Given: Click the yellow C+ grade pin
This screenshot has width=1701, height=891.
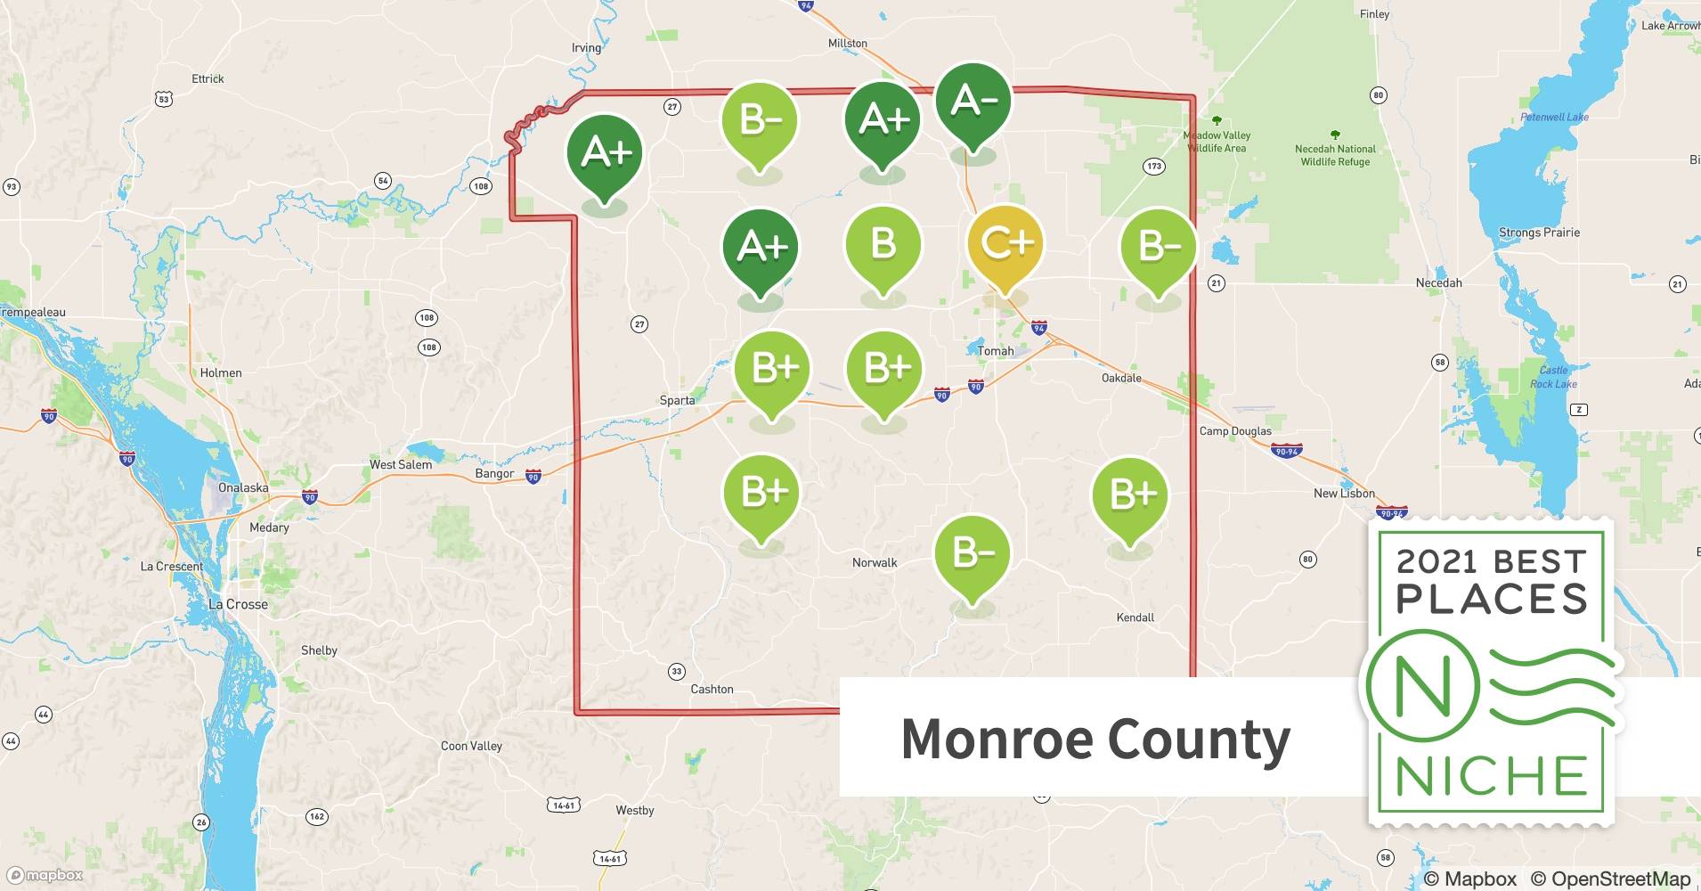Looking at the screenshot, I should click(x=1005, y=243).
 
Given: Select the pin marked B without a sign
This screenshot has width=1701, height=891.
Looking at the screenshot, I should click(x=883, y=243).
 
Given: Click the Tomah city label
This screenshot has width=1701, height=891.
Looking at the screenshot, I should click(x=996, y=351).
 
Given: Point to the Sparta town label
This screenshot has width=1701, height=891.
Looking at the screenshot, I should click(x=677, y=400).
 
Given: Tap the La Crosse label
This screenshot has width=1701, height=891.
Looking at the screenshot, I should click(x=238, y=604).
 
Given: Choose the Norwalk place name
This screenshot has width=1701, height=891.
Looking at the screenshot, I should click(x=875, y=562).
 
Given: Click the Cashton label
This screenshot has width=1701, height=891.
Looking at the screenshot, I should click(x=712, y=689).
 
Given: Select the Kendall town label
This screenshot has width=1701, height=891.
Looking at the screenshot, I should click(x=1135, y=617).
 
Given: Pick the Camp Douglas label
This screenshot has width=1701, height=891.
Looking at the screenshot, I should click(x=1235, y=431).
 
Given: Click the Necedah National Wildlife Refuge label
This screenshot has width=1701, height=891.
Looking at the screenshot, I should click(x=1335, y=155).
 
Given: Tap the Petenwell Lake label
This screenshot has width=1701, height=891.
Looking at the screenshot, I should click(x=1554, y=117).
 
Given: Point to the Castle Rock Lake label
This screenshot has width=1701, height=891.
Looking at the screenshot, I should click(x=1553, y=377).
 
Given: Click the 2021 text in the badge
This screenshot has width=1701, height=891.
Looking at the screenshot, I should click(x=1436, y=561).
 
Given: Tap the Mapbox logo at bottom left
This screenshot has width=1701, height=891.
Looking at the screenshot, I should click(x=45, y=875).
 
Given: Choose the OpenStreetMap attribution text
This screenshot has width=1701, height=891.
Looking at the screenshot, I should click(x=1611, y=879).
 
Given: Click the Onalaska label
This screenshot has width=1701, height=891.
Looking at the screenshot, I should click(x=243, y=487).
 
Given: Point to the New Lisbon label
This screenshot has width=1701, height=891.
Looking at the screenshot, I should click(x=1344, y=493).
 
